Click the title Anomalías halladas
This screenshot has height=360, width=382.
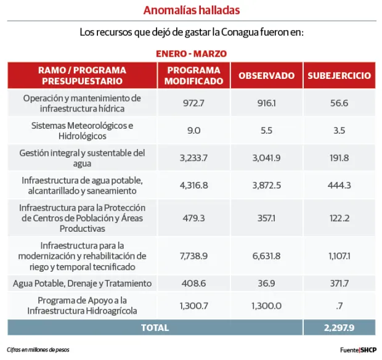(191, 10)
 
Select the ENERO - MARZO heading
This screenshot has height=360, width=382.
(191, 54)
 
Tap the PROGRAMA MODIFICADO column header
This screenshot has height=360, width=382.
(193, 75)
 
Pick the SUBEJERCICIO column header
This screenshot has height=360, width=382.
(339, 76)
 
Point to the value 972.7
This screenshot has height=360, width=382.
(193, 103)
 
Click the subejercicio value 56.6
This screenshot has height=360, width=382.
(339, 103)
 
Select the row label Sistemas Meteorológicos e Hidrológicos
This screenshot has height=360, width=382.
(82, 130)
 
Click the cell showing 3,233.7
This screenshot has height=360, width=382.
(193, 158)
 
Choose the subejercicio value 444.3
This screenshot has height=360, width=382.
(339, 185)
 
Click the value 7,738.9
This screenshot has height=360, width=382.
(193, 255)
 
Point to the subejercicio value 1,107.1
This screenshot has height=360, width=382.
(339, 255)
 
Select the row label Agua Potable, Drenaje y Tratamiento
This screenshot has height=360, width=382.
(82, 283)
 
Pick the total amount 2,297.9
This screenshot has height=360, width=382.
(339, 327)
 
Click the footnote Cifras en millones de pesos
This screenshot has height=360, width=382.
(38, 350)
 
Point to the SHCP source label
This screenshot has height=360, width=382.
(368, 350)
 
